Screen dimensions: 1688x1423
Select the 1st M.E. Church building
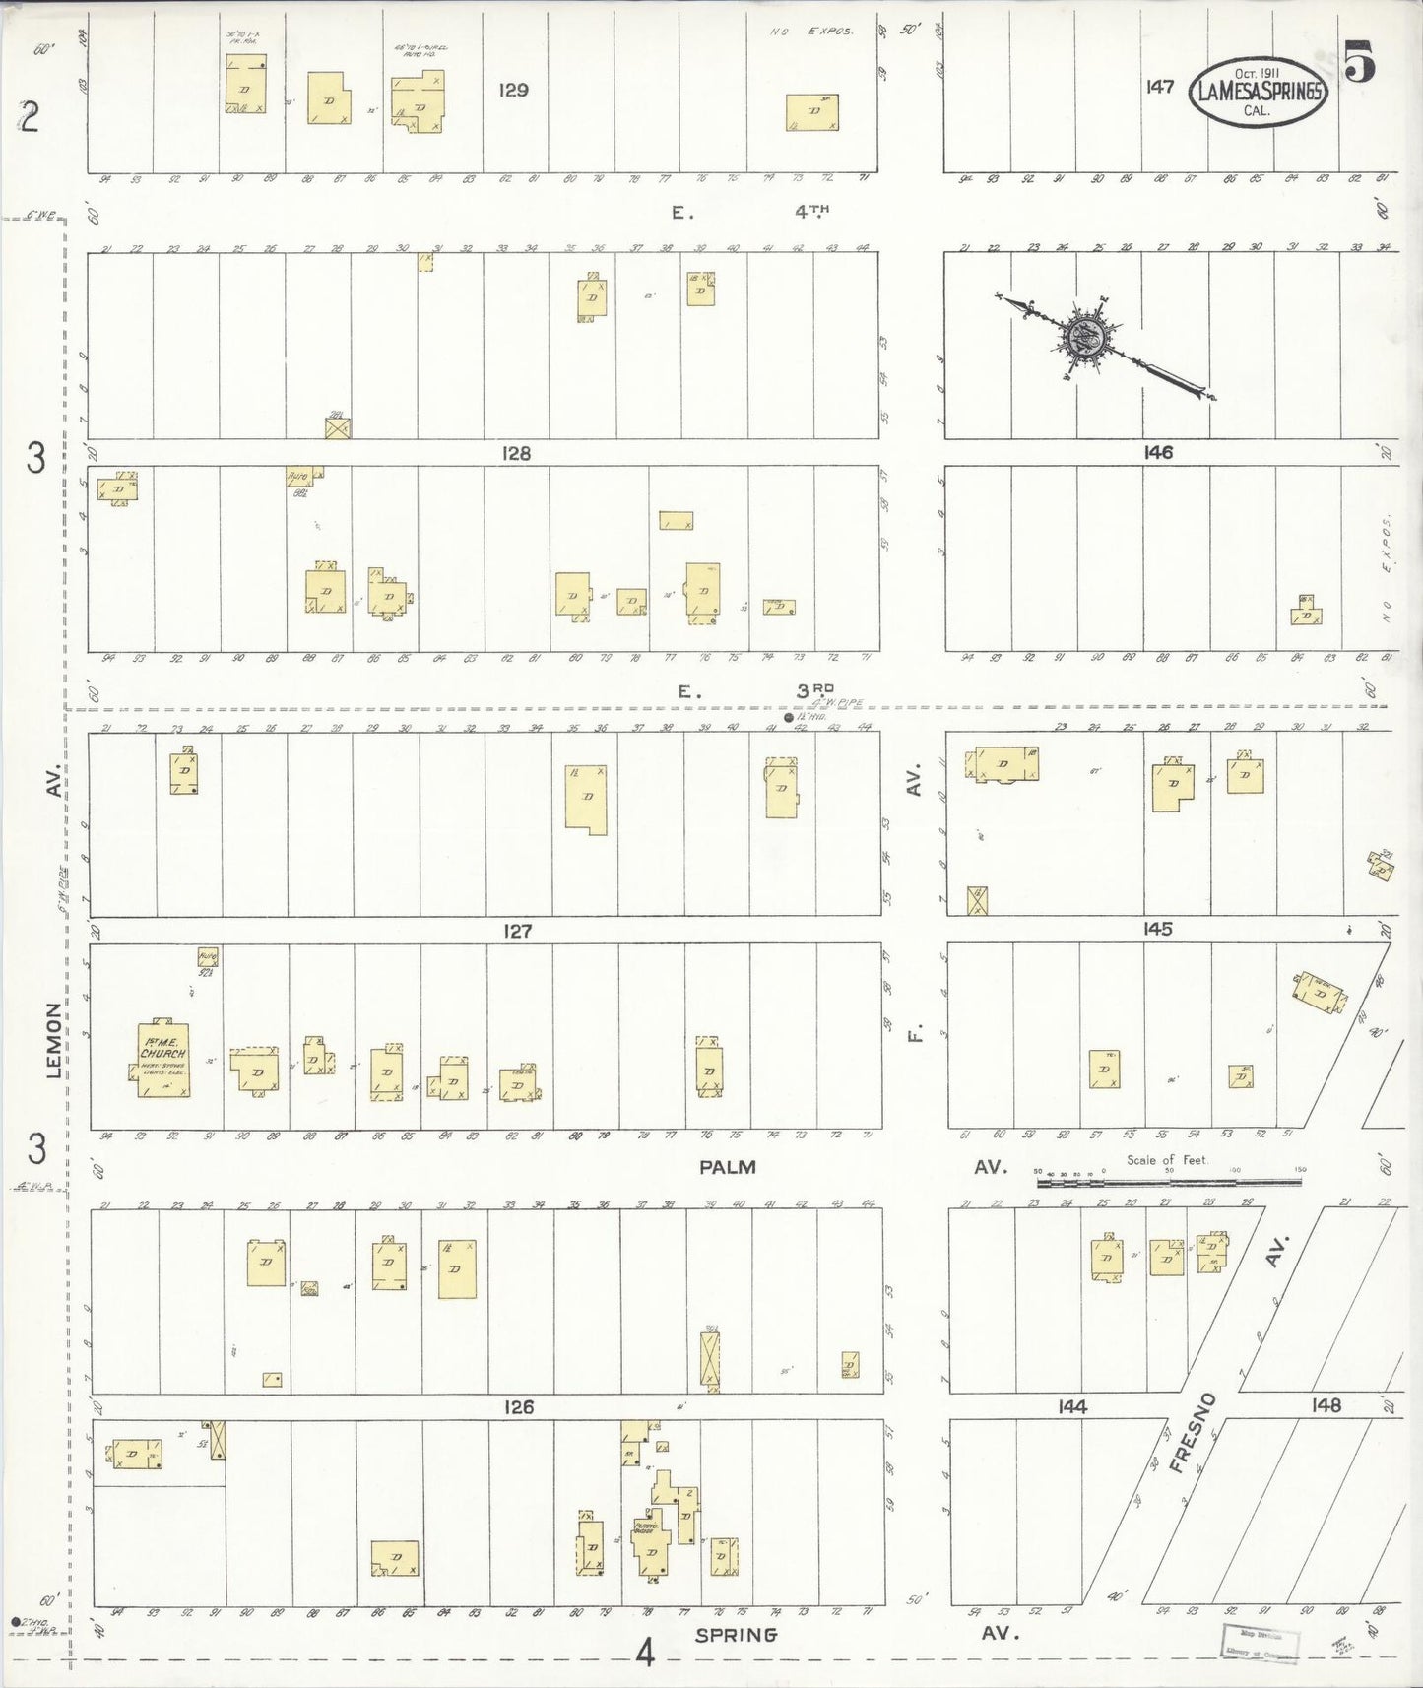tap(162, 1060)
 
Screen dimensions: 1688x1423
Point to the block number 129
tap(513, 91)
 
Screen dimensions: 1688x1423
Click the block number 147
tap(1159, 87)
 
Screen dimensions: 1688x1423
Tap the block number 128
tap(515, 453)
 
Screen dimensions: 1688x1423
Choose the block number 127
tap(518, 931)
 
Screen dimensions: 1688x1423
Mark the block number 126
tap(518, 1407)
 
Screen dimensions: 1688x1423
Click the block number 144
tap(1071, 1407)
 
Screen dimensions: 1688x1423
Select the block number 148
tap(1326, 1405)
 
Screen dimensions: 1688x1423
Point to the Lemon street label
tap(54, 1040)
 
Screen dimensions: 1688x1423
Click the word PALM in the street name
tap(727, 1167)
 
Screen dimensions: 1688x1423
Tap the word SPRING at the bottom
tap(736, 1635)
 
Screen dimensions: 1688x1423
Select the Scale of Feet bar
tap(1168, 1181)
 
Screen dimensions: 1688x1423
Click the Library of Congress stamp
tap(1260, 1642)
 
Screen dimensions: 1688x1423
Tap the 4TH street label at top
tap(812, 211)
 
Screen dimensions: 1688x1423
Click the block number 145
tap(1157, 929)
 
